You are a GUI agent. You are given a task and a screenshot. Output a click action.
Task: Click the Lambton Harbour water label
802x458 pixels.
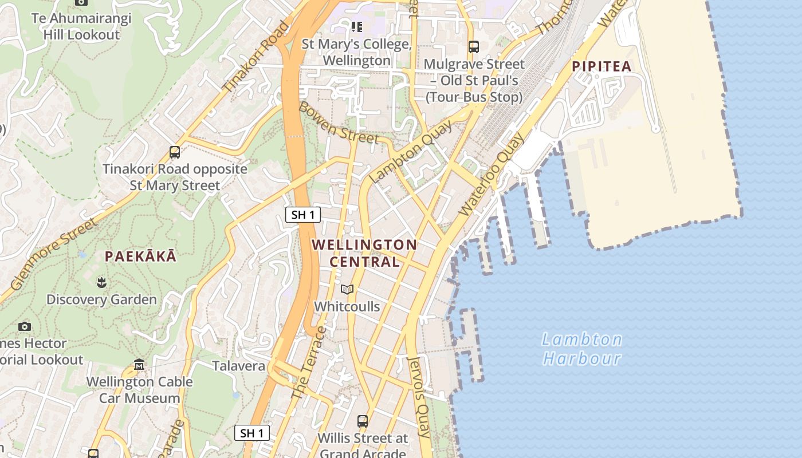(582, 349)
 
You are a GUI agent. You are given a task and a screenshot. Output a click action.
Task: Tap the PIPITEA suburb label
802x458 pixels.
(601, 66)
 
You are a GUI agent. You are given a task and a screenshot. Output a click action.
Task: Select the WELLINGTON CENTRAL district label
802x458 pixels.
(364, 253)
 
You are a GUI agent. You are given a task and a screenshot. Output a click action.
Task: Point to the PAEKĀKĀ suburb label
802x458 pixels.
(141, 256)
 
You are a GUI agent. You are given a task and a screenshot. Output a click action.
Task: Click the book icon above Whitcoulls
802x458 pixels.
(347, 289)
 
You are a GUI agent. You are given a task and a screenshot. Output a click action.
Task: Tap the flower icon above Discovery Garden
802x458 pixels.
(101, 282)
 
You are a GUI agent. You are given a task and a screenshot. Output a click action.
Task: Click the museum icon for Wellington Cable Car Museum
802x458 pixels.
(139, 365)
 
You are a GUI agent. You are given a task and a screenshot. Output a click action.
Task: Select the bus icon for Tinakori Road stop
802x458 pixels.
(175, 152)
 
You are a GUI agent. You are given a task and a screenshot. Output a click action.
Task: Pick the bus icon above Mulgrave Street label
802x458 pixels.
(474, 47)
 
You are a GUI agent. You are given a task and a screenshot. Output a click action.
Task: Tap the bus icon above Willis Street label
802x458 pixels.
(363, 421)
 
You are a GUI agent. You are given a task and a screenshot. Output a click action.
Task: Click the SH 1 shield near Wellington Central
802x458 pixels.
(303, 215)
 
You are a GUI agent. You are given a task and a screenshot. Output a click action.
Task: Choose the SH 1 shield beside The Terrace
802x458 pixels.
(252, 433)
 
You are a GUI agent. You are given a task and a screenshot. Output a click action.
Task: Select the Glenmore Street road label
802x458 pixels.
(53, 254)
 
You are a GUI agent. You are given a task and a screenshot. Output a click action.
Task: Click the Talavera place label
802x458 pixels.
(239, 366)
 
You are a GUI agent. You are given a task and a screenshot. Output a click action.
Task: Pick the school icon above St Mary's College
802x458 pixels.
(357, 27)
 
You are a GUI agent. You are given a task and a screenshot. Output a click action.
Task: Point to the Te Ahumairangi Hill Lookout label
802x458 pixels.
(81, 26)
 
